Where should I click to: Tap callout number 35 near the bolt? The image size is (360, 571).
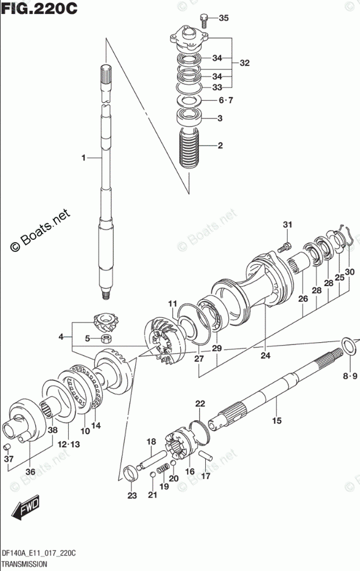(224, 18)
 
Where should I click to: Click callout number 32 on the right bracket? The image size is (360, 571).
(244, 63)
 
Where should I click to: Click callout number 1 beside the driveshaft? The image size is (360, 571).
(84, 157)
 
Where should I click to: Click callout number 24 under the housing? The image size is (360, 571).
(265, 355)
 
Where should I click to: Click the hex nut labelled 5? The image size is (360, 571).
(106, 339)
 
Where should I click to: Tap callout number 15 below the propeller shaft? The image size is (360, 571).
(277, 420)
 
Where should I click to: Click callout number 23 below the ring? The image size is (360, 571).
(132, 495)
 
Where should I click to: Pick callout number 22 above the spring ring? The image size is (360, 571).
(199, 403)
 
